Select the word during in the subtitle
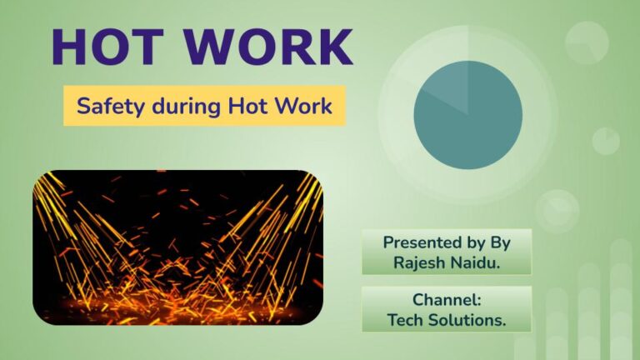click(178, 107)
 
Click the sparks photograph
click(177, 247)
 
